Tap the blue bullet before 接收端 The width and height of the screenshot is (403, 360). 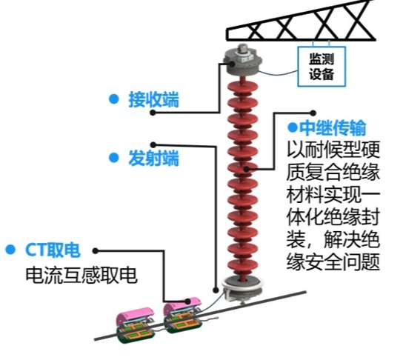click(x=113, y=99)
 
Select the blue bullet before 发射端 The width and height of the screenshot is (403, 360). click(x=113, y=157)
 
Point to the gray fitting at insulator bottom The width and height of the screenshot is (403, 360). click(x=243, y=287)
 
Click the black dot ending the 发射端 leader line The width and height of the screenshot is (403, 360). click(x=153, y=143)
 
